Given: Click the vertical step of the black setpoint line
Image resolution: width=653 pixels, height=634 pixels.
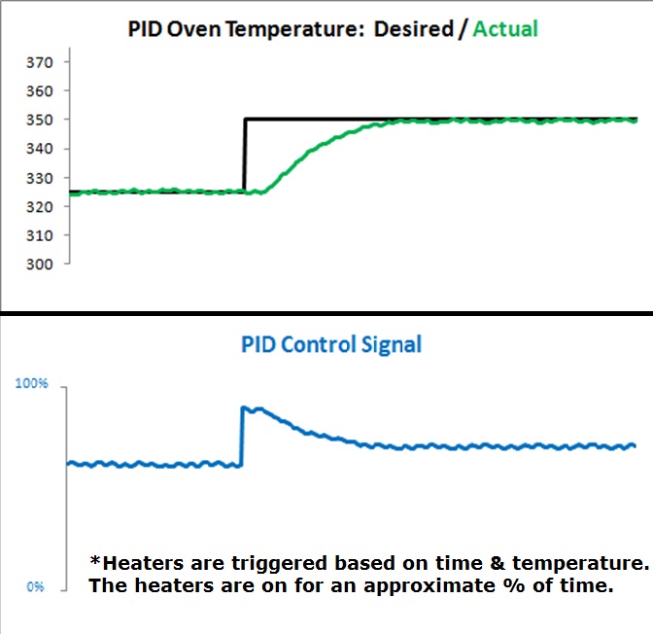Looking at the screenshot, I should pos(244,156).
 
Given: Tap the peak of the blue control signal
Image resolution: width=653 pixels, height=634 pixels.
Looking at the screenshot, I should pos(249,408).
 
